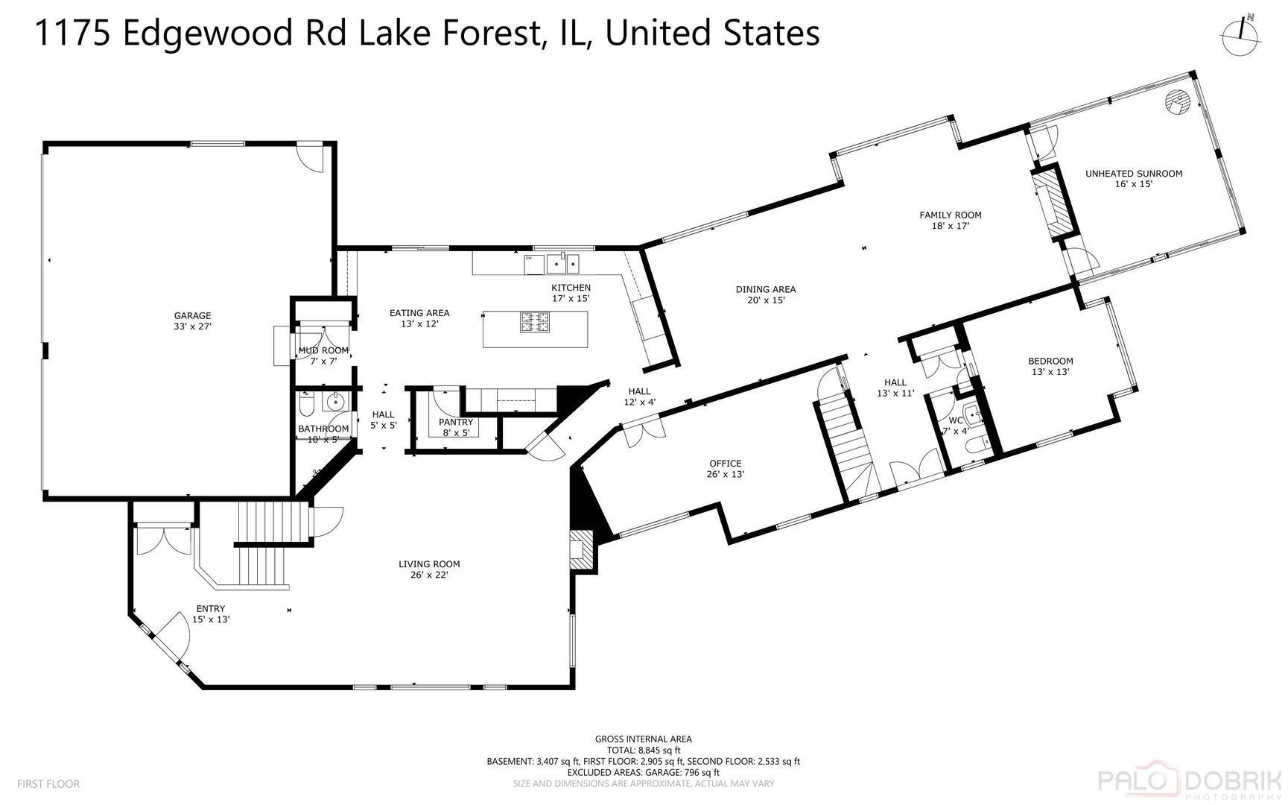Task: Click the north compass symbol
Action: [1241, 34]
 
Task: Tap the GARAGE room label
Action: [192, 321]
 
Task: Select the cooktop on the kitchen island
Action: [535, 322]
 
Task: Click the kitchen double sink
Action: [562, 263]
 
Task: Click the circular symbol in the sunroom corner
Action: [1176, 101]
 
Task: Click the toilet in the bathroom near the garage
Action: [306, 405]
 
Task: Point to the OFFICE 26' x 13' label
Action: [726, 468]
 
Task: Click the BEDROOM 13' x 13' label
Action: [1051, 366]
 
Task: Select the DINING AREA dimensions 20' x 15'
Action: [766, 300]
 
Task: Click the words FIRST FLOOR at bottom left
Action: [48, 783]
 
